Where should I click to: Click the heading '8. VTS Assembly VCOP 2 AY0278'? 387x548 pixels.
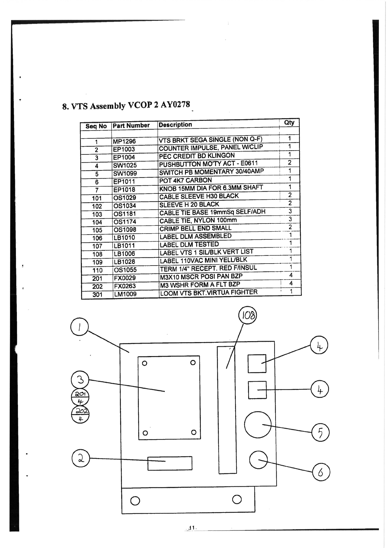coord(126,106)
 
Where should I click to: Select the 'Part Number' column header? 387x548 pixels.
coord(131,125)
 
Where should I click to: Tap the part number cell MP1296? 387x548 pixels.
coord(124,141)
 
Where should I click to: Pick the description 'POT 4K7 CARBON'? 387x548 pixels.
coord(185,180)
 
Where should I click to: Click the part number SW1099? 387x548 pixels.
coord(125,173)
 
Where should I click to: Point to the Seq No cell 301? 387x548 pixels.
coord(97,295)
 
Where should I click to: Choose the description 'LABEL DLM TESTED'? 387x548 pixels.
coord(189,244)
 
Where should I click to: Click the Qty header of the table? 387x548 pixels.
coord(289,123)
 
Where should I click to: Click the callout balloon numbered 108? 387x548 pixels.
coord(248,316)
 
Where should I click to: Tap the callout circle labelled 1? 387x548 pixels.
coord(79,327)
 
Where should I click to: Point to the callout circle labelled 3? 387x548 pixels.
coord(80,380)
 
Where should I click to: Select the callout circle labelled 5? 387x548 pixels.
coord(320,433)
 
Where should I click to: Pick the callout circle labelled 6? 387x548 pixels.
coord(321,472)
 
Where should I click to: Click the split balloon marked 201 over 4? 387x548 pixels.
coord(80,398)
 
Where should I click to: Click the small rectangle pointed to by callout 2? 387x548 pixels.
coord(170,463)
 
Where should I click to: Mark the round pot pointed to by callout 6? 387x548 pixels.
coord(258,460)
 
